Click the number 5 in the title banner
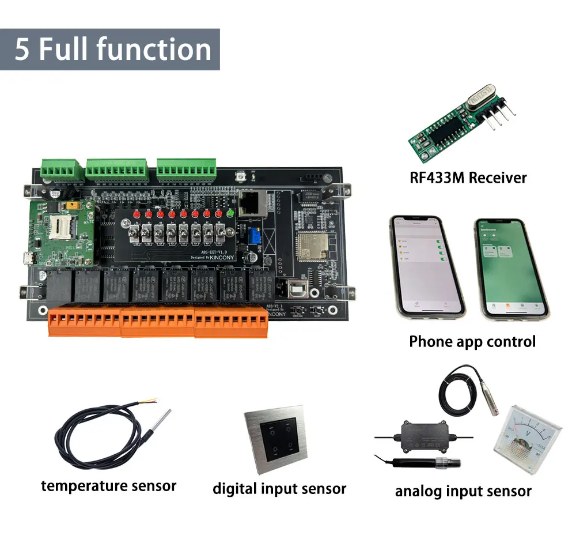(x=22, y=50)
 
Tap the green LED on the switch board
(x=230, y=214)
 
